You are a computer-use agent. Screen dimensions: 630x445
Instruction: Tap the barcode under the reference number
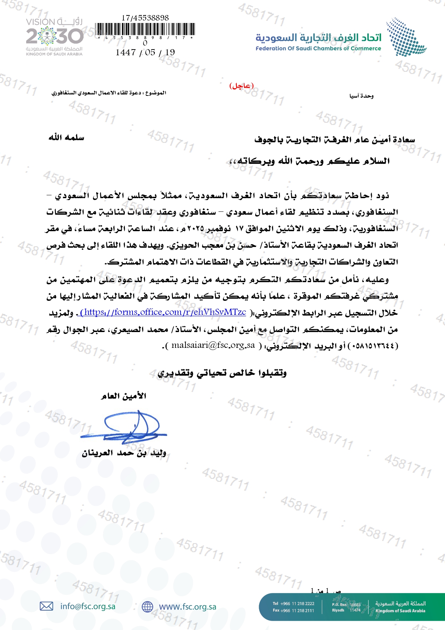pos(145,29)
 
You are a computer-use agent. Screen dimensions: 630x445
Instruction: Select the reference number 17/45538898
pos(145,18)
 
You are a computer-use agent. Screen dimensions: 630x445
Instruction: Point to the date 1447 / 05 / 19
pos(145,52)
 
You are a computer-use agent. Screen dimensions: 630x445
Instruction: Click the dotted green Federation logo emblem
pos(406,37)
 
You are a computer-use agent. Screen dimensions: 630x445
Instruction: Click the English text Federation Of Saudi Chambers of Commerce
pos(318,48)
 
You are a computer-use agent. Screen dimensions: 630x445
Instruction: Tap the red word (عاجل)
pos(241,86)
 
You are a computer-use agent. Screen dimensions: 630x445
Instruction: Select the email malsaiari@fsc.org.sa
pos(213,345)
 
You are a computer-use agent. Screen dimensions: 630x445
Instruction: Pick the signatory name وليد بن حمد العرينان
pos(124,453)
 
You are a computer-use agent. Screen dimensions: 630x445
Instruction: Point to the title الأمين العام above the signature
pos(123,396)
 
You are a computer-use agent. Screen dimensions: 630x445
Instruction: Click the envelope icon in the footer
pos(46,606)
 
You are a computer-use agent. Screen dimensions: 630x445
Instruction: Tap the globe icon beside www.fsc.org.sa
pos(147,607)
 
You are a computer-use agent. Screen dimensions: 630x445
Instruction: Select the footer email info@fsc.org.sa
pos(88,606)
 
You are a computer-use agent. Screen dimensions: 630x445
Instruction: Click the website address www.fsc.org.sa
pos(187,607)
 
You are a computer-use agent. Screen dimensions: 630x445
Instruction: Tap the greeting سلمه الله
pos(66,137)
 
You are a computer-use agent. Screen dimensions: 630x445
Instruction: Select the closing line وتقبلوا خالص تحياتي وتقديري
pos(222,373)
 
